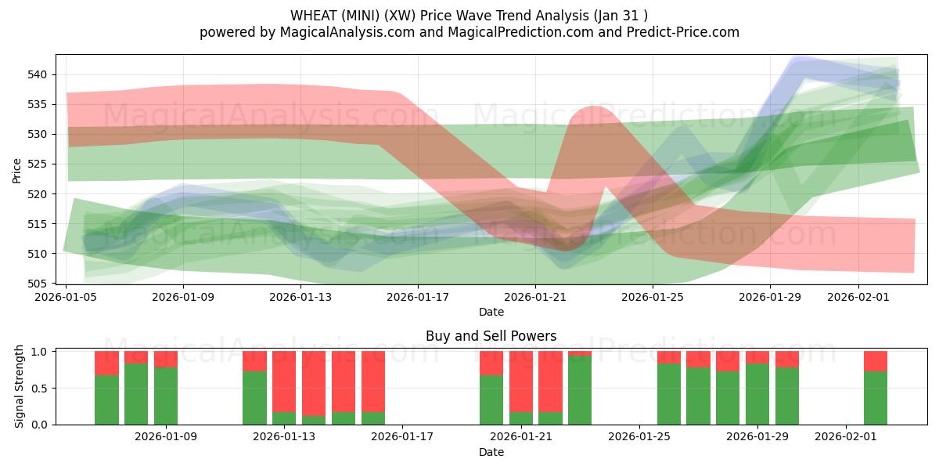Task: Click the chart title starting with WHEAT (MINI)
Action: pyautogui.click(x=469, y=15)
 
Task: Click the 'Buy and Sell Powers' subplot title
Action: pyautogui.click(x=491, y=336)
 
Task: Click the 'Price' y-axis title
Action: pyautogui.click(x=17, y=169)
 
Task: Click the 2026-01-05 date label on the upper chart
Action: pyautogui.click(x=67, y=298)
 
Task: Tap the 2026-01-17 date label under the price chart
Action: pyautogui.click(x=418, y=298)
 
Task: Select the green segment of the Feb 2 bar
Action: pyautogui.click(x=876, y=398)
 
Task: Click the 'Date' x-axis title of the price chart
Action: pyautogui.click(x=491, y=313)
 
